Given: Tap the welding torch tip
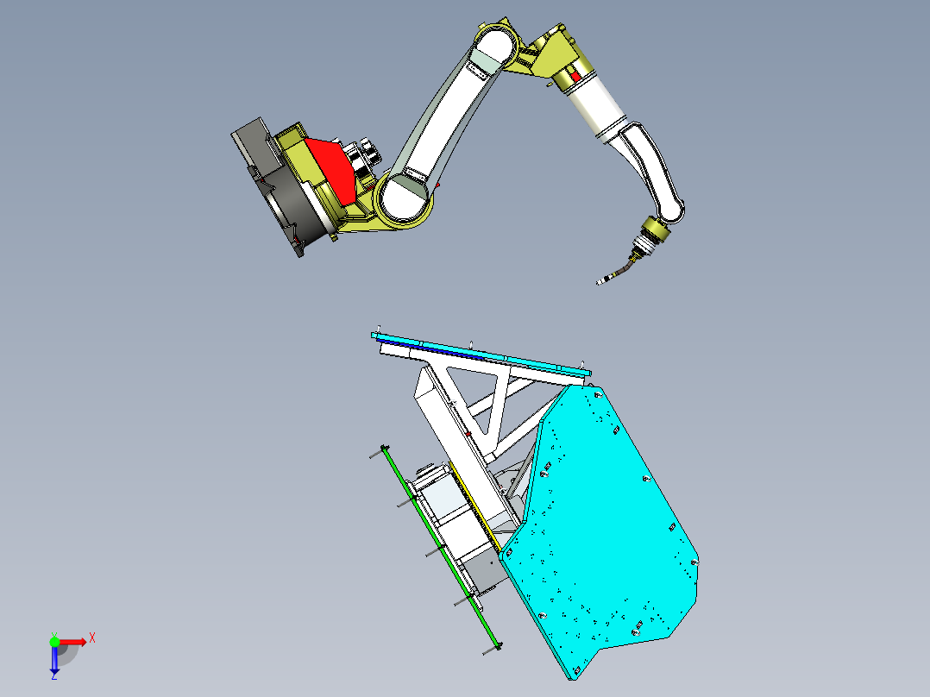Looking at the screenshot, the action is point(599,282).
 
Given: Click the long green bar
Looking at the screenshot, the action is point(442,547).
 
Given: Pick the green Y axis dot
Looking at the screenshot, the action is point(54,641).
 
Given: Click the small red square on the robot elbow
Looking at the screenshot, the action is point(575,76).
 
